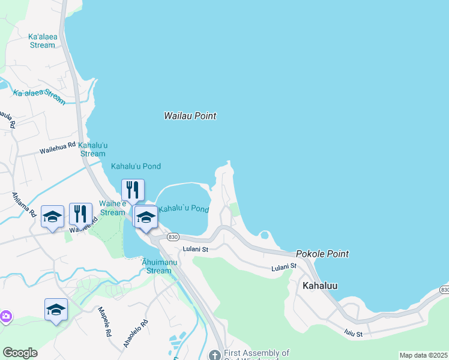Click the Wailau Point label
click(x=190, y=116)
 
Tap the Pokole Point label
click(x=322, y=254)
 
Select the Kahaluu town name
click(x=319, y=286)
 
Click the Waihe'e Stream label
click(x=112, y=208)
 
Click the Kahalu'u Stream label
click(x=93, y=149)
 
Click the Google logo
click(x=20, y=353)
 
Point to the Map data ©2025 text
click(x=423, y=355)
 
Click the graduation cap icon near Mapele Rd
click(x=56, y=310)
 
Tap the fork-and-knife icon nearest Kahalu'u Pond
click(x=133, y=190)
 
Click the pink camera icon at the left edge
click(x=5, y=316)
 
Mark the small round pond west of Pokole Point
click(x=264, y=235)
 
